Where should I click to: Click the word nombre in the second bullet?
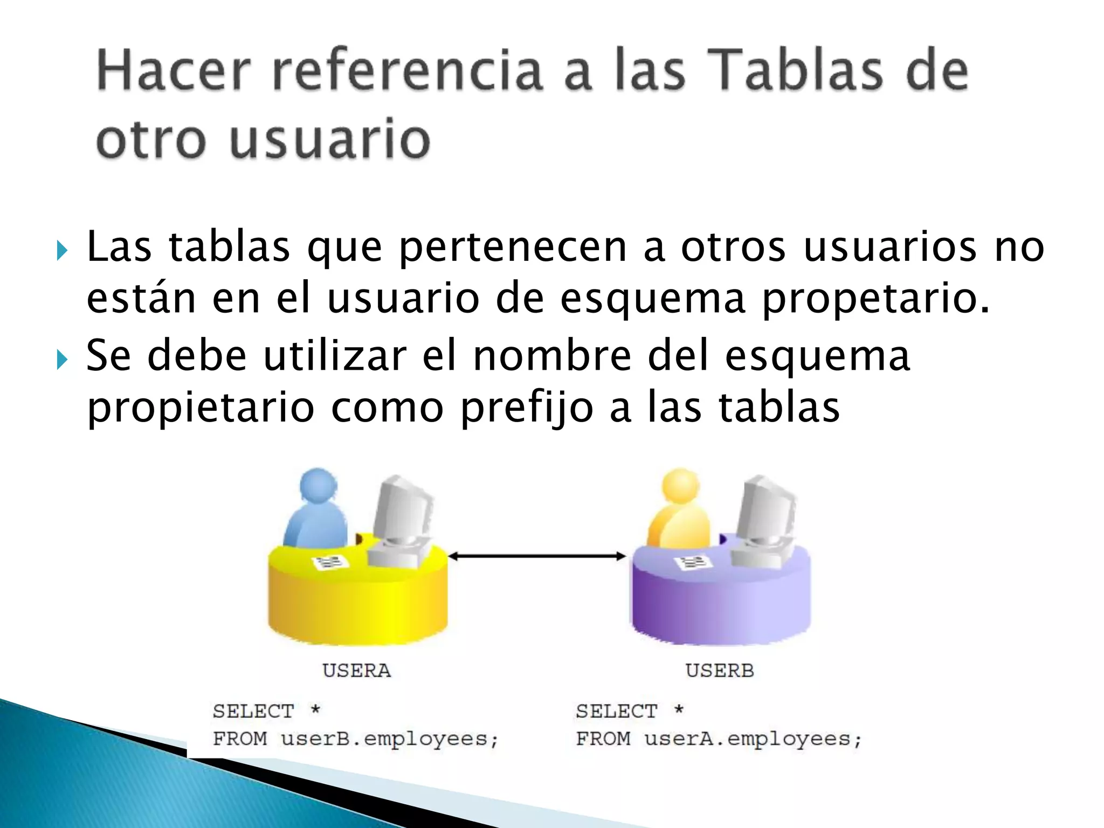tap(552, 356)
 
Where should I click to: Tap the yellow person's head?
tap(680, 484)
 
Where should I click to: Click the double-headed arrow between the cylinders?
tap(537, 556)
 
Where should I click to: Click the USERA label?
tap(356, 671)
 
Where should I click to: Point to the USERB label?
tap(720, 671)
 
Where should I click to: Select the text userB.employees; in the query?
tap(390, 739)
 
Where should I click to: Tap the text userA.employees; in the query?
tap(753, 739)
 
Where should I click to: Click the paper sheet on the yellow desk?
tap(330, 563)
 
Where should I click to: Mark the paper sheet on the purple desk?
tap(693, 563)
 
